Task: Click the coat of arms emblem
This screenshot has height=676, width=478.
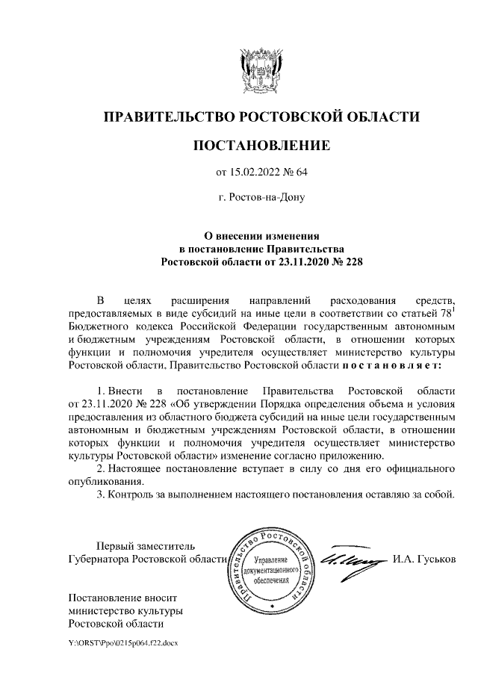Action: pyautogui.click(x=261, y=69)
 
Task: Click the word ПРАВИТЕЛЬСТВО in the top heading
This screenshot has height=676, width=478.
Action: pyautogui.click(x=169, y=117)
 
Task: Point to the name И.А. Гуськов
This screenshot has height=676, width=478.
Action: pyautogui.click(x=423, y=559)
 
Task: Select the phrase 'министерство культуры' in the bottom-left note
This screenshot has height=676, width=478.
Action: pyautogui.click(x=125, y=612)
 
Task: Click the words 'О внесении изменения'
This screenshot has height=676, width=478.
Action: pyautogui.click(x=261, y=235)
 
